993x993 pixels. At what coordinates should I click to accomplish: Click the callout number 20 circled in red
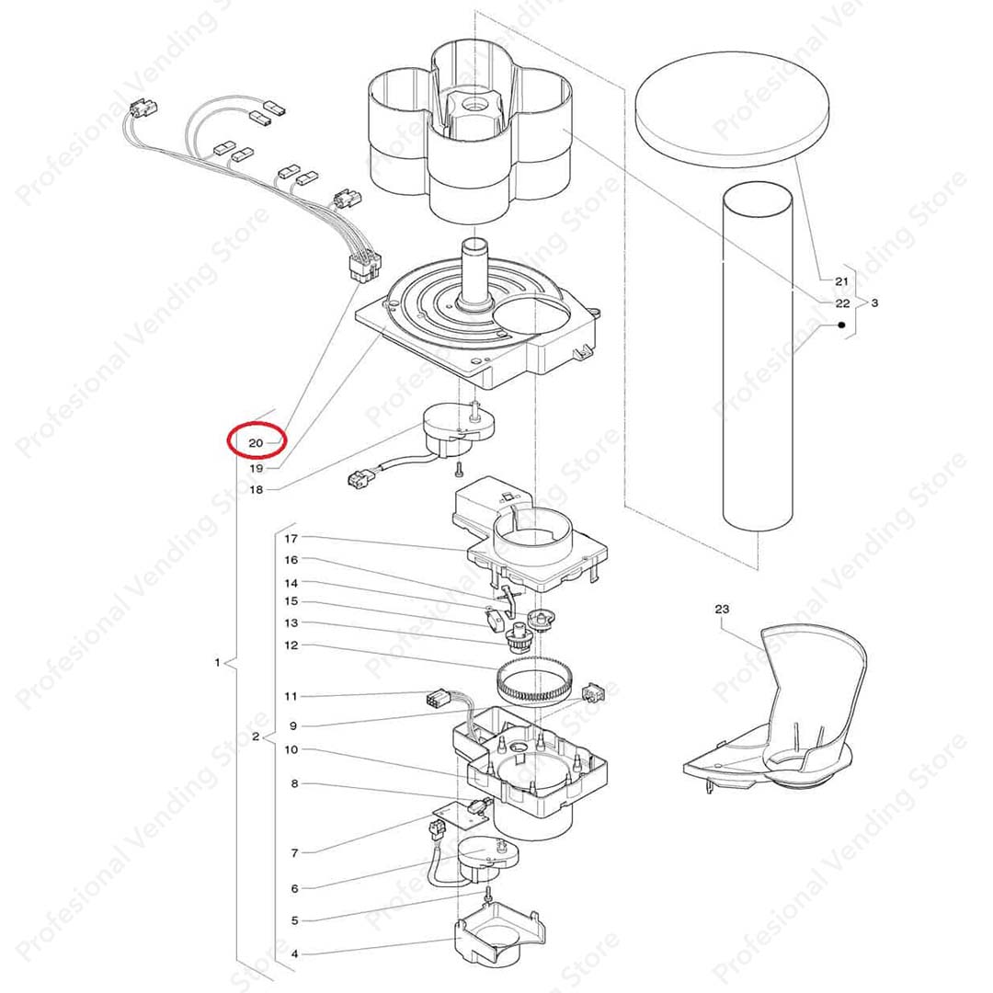pos(256,443)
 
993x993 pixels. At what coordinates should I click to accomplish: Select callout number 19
pos(256,469)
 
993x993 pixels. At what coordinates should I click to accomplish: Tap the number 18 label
pos(256,489)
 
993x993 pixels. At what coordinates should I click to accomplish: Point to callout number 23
pos(722,610)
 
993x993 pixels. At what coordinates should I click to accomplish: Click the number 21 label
pos(841,281)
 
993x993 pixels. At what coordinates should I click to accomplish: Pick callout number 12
pos(291,645)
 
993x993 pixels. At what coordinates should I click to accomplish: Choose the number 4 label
pos(294,953)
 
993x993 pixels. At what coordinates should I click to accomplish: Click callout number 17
pos(291,539)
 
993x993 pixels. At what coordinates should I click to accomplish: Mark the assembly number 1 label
pos(217,662)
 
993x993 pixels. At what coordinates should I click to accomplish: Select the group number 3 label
pos(874,302)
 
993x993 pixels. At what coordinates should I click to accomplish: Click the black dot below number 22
pos(841,325)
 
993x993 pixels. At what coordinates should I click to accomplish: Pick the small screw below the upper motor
pos(459,469)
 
